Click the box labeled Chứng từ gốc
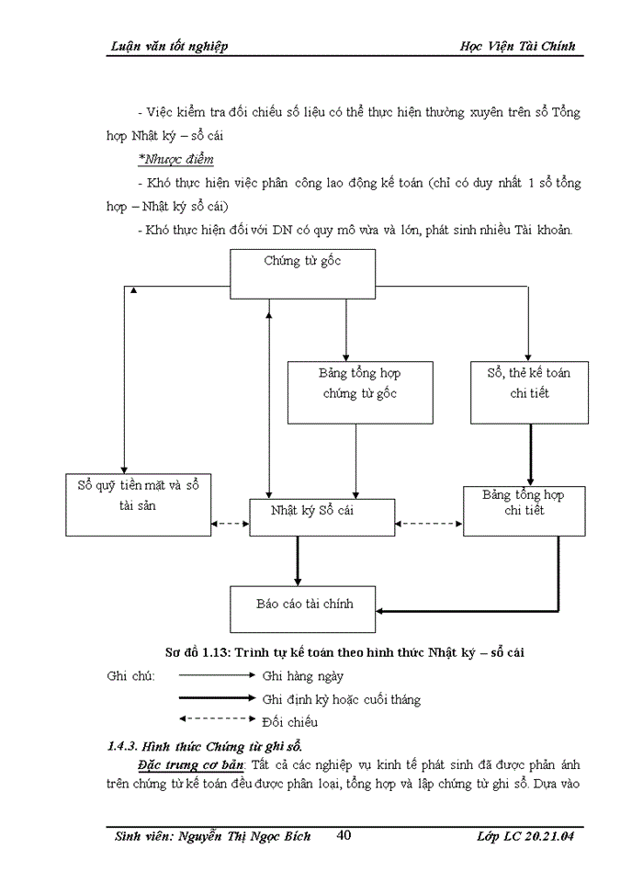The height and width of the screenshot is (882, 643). pos(302,273)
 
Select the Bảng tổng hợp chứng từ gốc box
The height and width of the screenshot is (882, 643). pos(360,391)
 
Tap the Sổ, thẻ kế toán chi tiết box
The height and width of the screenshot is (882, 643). pos(529,391)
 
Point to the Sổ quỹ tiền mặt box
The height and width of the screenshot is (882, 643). pos(138,503)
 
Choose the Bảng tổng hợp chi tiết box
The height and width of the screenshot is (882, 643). pos(524,511)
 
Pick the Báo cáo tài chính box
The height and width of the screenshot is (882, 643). pos(303,608)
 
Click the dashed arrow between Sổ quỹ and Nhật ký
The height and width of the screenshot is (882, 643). pos(231,525)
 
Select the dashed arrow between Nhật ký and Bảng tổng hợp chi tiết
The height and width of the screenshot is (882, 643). pos(429,525)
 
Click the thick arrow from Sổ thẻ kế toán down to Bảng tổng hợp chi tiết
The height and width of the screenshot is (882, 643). pos(529,456)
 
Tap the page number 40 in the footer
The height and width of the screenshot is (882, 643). pos(344,835)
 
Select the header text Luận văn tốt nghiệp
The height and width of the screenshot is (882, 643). pos(168,46)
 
